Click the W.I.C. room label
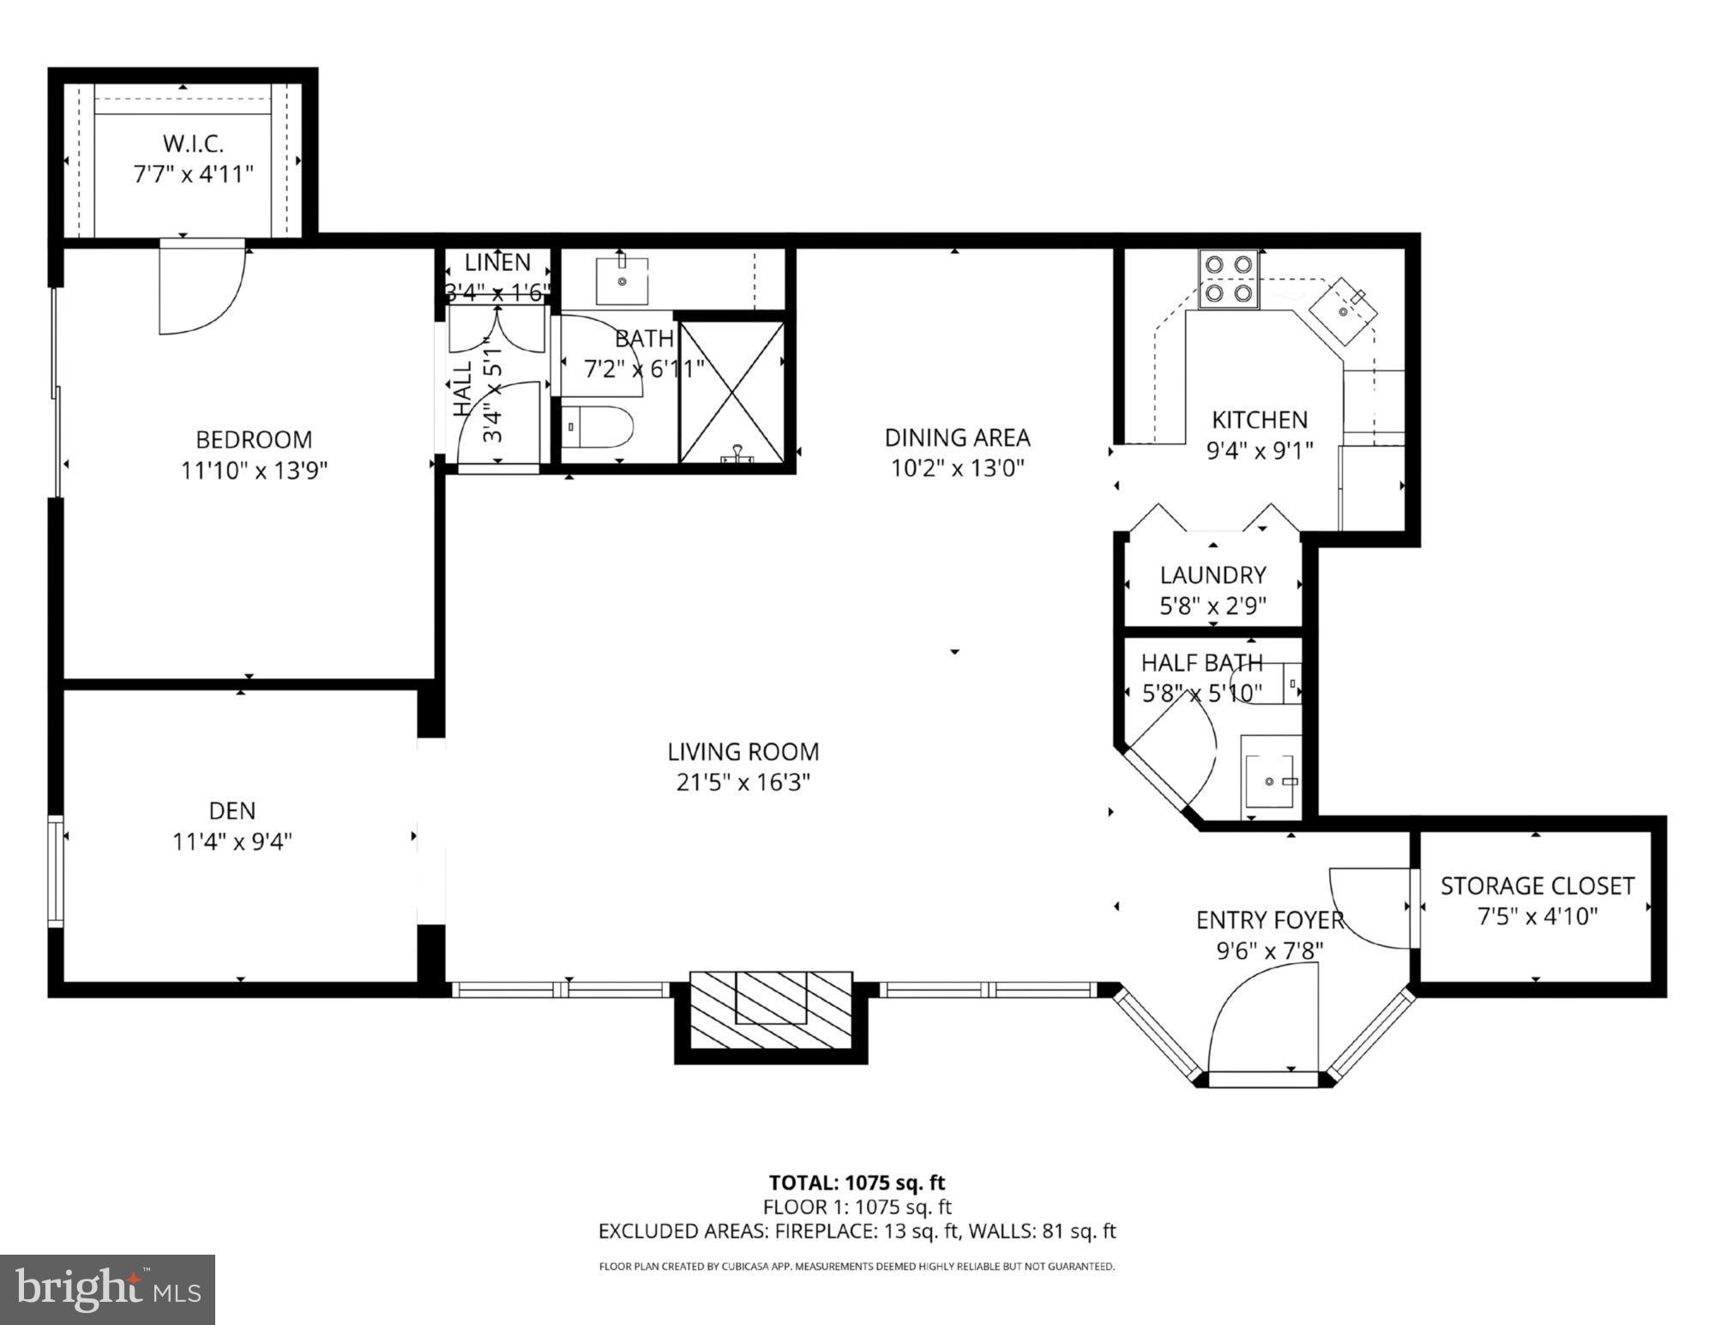click(193, 143)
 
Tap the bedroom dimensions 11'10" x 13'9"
click(254, 471)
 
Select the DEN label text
click(232, 810)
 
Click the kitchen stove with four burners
click(1230, 279)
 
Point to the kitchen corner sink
click(1344, 310)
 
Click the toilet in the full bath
click(597, 427)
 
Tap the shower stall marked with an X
click(731, 393)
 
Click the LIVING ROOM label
click(743, 752)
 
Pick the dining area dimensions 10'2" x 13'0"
click(957, 468)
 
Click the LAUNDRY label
click(1213, 575)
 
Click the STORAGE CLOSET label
click(1537, 886)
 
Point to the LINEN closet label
click(497, 262)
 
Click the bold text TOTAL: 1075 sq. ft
click(856, 1183)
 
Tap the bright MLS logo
click(107, 1289)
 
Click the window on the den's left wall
click(56, 871)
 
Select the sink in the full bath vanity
click(622, 280)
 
